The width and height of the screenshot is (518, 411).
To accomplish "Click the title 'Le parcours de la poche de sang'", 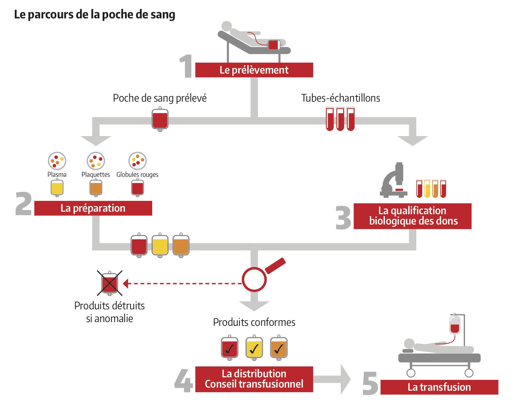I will point(94,15).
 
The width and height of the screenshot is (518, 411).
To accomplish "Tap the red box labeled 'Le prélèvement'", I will point(254,70).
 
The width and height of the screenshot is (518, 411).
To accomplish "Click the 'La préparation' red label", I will point(93,208).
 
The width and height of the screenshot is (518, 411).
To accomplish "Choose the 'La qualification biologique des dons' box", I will point(412,216).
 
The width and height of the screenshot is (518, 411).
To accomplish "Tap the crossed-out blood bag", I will point(109,283).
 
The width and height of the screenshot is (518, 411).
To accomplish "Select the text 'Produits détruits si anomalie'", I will point(109,312).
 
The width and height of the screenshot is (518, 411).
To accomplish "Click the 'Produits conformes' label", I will point(254,322).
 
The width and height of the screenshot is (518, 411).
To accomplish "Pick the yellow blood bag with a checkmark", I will point(254,348).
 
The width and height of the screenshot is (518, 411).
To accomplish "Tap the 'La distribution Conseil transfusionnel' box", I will point(254,379).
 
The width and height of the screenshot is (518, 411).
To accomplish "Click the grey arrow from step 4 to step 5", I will point(332,379).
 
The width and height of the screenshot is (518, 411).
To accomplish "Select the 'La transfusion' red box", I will point(439,387).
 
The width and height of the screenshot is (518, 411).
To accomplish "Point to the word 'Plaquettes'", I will point(96,175).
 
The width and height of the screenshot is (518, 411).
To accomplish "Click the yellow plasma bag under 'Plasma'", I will point(57,188).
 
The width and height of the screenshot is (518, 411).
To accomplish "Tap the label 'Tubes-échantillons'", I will point(341,98).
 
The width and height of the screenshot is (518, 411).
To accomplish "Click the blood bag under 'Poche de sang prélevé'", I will point(160,119).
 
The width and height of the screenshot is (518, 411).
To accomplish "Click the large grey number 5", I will point(370,383).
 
